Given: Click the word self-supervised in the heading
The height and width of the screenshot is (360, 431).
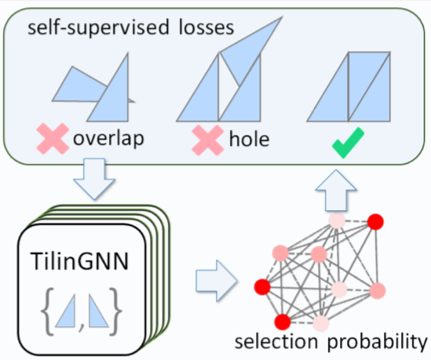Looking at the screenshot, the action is coord(98,27).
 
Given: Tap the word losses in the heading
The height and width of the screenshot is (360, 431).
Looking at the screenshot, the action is coord(206,27).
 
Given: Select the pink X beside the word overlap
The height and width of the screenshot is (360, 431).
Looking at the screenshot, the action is coord(53,139).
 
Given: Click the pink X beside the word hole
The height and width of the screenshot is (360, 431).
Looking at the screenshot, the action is coord(208,140).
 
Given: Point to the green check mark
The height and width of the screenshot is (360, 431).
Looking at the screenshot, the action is coord(348,143).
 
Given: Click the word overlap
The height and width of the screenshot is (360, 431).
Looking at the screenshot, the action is coord(108,139).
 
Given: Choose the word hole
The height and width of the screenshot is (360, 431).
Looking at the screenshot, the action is coord(249,140).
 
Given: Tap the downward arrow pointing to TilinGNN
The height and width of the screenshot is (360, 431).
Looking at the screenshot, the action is coord(94,179).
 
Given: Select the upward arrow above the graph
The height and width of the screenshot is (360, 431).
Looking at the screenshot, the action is coord(336,191).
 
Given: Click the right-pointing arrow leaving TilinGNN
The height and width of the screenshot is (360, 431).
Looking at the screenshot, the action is coord(217,281).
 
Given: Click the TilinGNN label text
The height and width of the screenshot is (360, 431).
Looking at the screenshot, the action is coord(79,261).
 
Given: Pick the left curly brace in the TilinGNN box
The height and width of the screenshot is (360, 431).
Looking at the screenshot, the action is coord(47,311).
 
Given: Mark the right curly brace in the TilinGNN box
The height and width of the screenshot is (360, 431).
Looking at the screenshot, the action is coord(115,311).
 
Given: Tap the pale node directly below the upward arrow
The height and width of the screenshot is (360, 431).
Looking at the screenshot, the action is coord(337,220).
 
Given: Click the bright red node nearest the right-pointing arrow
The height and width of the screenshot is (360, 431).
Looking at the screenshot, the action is coord(262,287).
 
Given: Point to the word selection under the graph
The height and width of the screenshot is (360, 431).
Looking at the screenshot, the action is coord(276,341).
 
